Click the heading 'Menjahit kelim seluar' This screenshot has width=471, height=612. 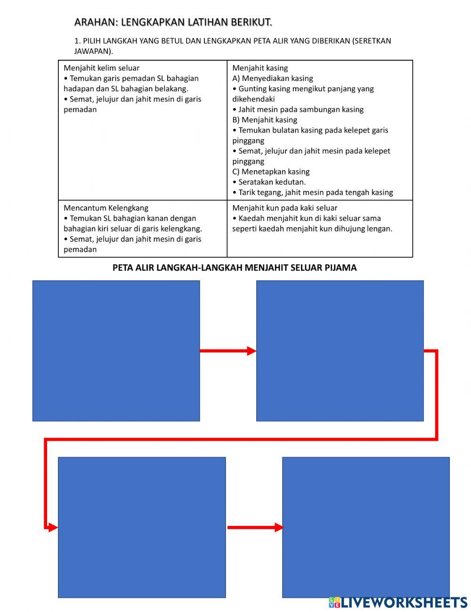coord(101,68)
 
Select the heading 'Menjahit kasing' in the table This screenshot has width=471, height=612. coord(260,68)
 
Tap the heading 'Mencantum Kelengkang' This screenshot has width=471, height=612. coord(106,208)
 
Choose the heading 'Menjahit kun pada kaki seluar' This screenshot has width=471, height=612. coord(284,208)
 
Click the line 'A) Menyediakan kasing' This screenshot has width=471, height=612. coord(272,78)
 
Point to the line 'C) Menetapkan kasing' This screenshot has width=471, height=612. coord(271,172)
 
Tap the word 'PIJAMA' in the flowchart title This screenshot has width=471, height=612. coord(341,268)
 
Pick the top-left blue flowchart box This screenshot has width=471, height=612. coord(116,351)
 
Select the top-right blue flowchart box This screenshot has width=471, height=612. coord(340,351)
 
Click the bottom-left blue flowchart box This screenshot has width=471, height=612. coord(142,527)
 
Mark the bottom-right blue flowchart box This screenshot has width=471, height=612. coord(365,527)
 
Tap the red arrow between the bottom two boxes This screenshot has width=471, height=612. coord(254,528)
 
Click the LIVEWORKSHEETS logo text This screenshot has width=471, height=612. coord(404,603)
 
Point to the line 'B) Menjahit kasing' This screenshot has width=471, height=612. coord(265,120)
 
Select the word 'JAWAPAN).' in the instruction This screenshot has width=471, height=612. coord(94,51)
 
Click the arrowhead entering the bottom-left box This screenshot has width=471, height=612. coord(53,528)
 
